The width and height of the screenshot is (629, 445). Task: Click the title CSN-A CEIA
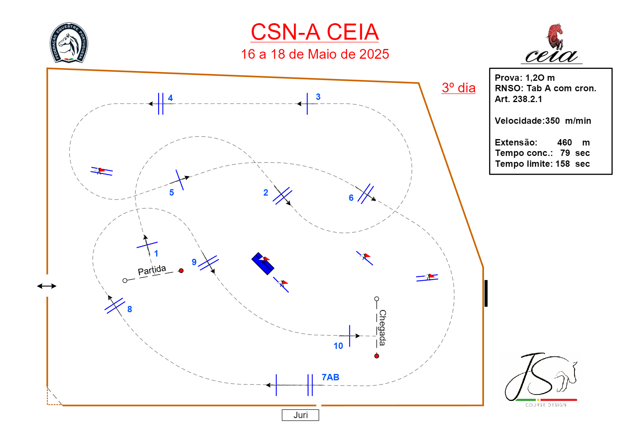pos(315,32)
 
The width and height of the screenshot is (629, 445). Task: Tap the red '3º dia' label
pos(458,88)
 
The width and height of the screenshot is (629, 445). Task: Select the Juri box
pos(300,415)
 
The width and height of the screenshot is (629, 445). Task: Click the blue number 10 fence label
pos(338,346)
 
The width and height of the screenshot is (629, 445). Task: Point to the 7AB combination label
pos(330,377)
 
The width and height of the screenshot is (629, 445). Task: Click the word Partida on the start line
pos(152,270)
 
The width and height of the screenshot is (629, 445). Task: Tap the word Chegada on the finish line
pos(382,328)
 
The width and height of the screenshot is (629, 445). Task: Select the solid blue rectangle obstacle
pos(263,264)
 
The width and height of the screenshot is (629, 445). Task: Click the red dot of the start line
pos(181,270)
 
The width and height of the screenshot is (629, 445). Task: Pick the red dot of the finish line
pos(377,356)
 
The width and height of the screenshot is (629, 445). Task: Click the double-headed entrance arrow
pos(47,286)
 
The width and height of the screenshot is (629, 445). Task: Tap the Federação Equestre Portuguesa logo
pos(69,43)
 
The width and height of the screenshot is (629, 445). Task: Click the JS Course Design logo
pos(541,379)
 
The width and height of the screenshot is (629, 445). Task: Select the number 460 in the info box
pos(564,142)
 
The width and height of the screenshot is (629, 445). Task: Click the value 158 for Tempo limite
pos(562,164)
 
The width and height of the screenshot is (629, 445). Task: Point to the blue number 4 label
pos(170,98)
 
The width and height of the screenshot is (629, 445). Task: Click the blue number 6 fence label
pos(351,198)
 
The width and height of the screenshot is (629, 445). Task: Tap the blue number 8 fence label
pos(130,309)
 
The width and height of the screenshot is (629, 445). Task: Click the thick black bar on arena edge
pos(486,293)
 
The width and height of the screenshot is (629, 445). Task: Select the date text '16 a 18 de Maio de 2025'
pos(315,54)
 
